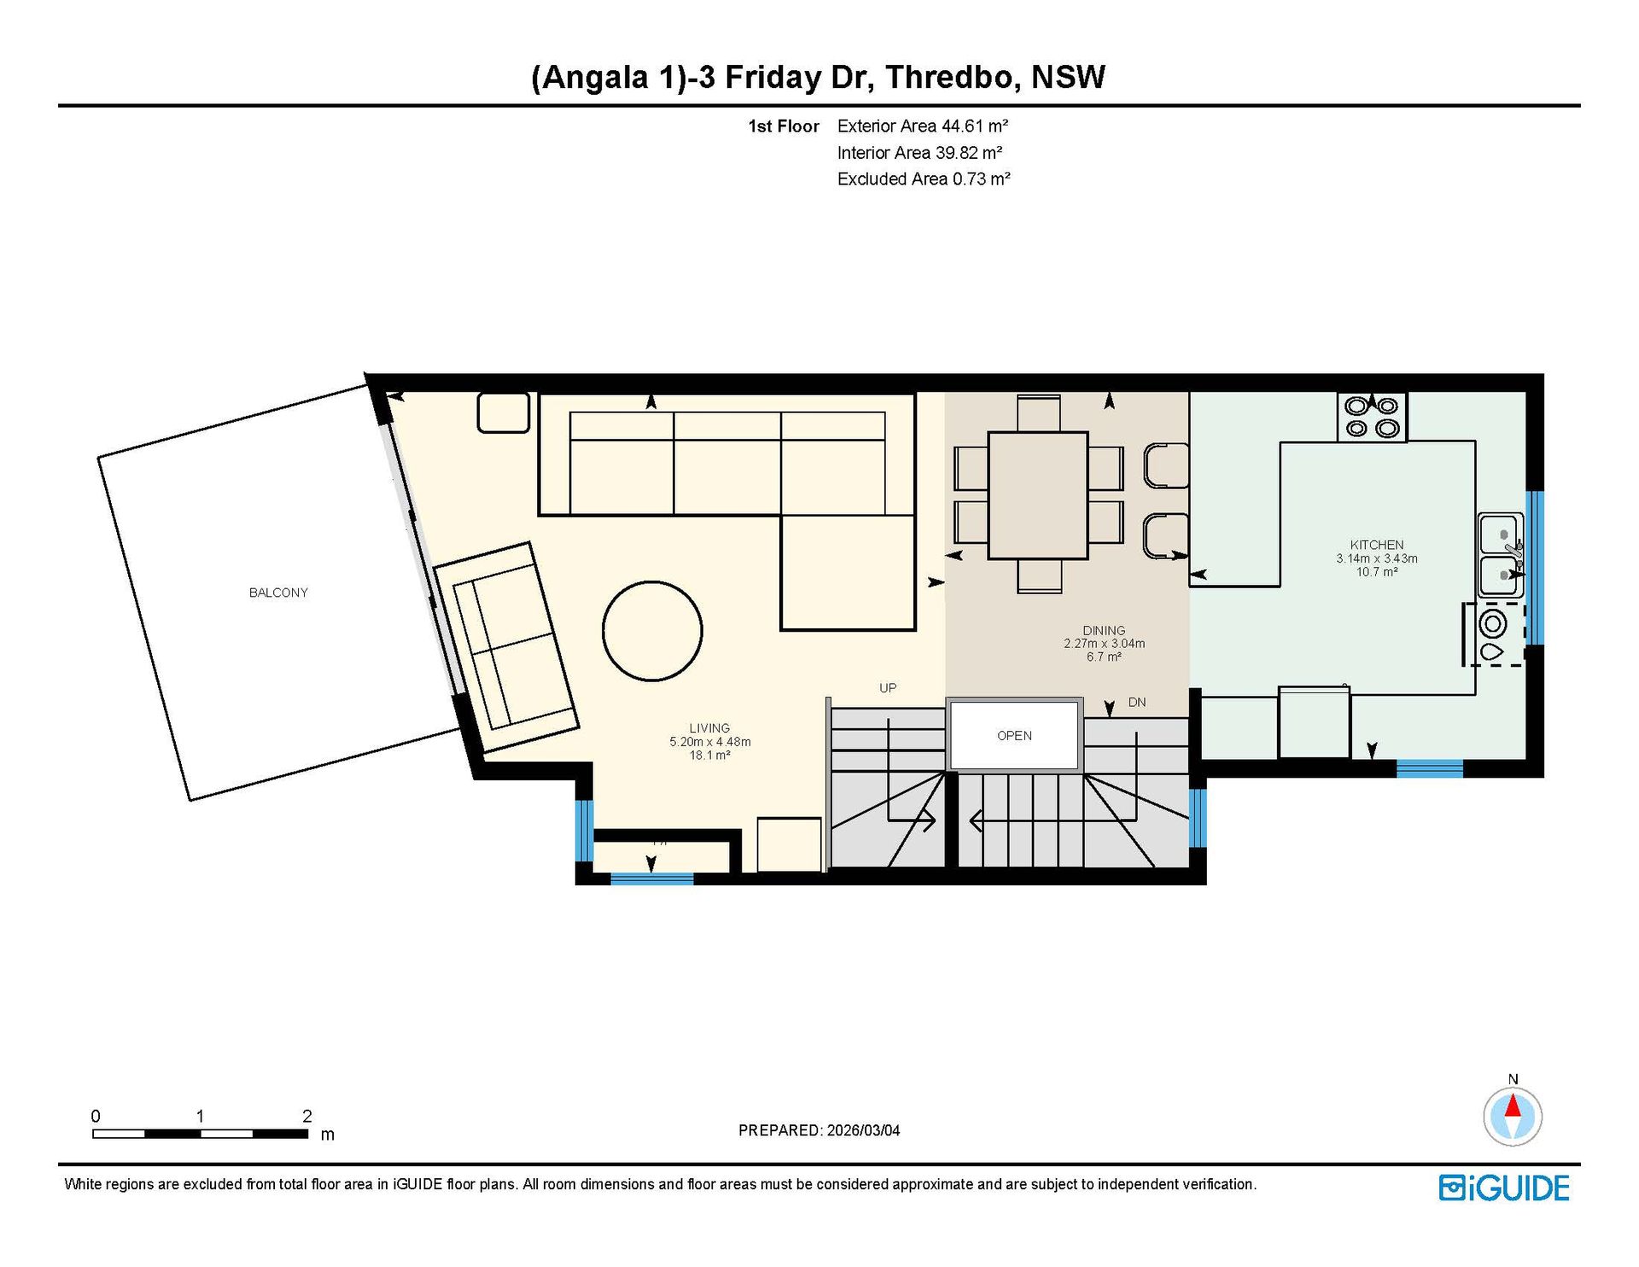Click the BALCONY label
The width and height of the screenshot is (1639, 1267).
[x=278, y=593]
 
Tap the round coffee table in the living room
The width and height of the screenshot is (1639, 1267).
[x=652, y=631]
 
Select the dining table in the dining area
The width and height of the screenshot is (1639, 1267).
[x=1038, y=495]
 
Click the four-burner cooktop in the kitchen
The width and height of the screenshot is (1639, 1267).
[x=1372, y=417]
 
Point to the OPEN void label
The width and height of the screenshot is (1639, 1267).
[x=1014, y=736]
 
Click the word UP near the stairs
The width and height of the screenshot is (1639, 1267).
[x=888, y=688]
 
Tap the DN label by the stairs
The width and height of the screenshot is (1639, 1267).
[x=1137, y=703]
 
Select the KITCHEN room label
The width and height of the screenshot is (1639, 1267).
[x=1377, y=545]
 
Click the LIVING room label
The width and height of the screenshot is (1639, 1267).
[x=709, y=728]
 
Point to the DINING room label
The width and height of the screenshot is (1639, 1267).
[x=1104, y=630]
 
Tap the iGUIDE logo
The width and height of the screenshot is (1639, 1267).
[x=1504, y=1188]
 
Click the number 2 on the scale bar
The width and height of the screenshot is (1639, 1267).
[x=307, y=1116]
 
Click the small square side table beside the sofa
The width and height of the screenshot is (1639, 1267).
[x=504, y=412]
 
